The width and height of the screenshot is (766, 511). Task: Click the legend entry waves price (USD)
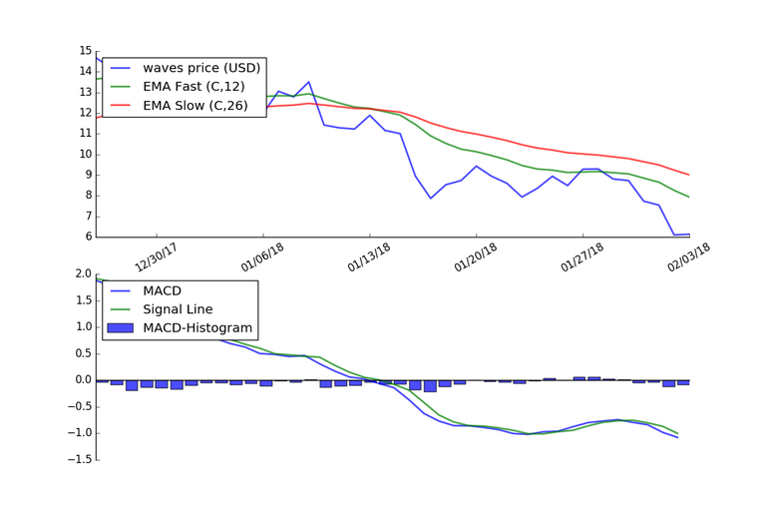coord(200,68)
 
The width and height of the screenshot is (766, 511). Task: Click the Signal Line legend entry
coord(184,309)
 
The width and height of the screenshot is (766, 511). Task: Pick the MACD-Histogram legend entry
coord(197,327)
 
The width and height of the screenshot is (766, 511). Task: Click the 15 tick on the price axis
coord(85,51)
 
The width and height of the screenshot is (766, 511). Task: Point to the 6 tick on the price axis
coord(88,238)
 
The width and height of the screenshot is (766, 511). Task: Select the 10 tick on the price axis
coord(85,155)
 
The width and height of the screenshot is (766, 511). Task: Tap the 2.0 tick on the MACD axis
coord(82,274)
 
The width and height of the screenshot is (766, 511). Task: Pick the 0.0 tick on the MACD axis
coord(82,380)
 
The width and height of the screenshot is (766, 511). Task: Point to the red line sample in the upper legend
coord(121,104)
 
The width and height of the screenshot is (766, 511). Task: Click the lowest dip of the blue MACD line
coord(677,437)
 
